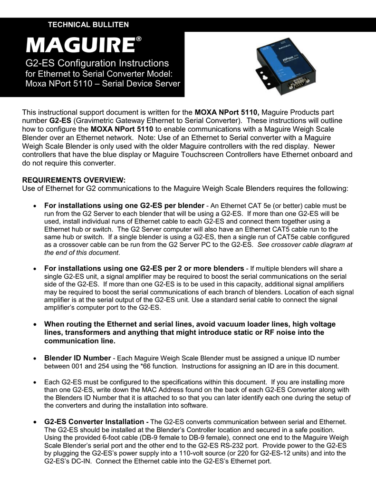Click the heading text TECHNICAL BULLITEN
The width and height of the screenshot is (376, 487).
[x=88, y=25]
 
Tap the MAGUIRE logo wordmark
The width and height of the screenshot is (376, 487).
[x=80, y=46]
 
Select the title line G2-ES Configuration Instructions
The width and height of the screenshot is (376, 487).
[x=97, y=63]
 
